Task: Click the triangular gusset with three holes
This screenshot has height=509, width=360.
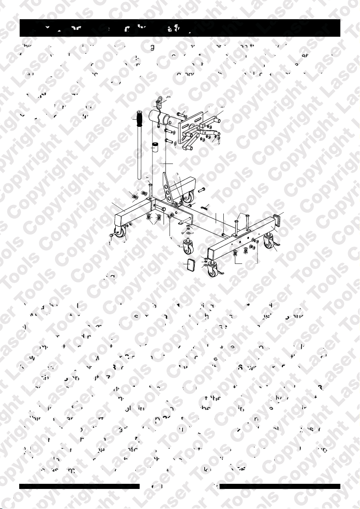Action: (170, 188)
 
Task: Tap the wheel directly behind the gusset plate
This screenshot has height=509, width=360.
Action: (188, 196)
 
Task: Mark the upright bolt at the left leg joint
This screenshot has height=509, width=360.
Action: (150, 188)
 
